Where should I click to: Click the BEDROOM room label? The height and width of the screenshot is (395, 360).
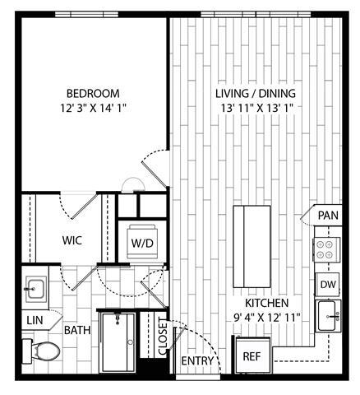click(x=93, y=93)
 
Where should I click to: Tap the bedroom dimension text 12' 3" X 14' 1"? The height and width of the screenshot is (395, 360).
click(x=93, y=108)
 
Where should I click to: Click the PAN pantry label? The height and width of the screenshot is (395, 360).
click(x=328, y=216)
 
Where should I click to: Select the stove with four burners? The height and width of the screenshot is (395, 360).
click(x=328, y=249)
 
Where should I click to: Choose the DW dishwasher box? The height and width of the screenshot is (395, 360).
click(x=328, y=284)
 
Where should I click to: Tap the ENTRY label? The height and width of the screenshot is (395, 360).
click(x=198, y=361)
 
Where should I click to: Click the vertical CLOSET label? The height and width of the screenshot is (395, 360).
click(x=163, y=337)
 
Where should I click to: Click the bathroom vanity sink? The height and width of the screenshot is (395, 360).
click(x=35, y=289)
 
